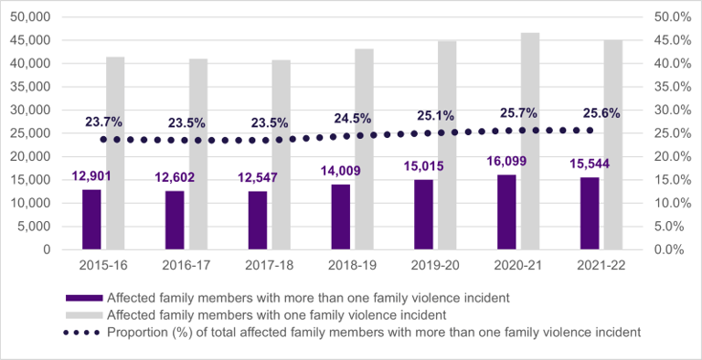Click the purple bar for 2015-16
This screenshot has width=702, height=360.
point(91,218)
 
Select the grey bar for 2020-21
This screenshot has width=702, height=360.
point(530,141)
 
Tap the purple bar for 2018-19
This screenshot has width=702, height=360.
point(341,216)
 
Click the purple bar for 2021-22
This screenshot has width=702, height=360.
point(590,213)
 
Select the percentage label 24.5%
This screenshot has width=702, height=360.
point(352,119)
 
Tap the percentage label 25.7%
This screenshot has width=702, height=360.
point(518,113)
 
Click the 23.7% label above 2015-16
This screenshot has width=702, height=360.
point(103,122)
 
